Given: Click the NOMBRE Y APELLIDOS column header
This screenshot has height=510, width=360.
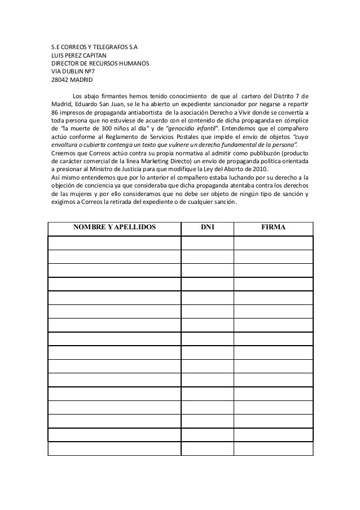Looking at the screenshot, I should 114,228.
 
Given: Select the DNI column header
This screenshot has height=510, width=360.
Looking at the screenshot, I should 207,228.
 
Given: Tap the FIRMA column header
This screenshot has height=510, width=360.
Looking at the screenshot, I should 273,228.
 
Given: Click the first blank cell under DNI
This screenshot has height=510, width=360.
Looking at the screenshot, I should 207,243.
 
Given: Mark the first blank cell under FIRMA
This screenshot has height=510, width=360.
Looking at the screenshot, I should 273,243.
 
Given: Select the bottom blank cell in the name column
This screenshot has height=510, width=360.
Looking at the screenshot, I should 114,448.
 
